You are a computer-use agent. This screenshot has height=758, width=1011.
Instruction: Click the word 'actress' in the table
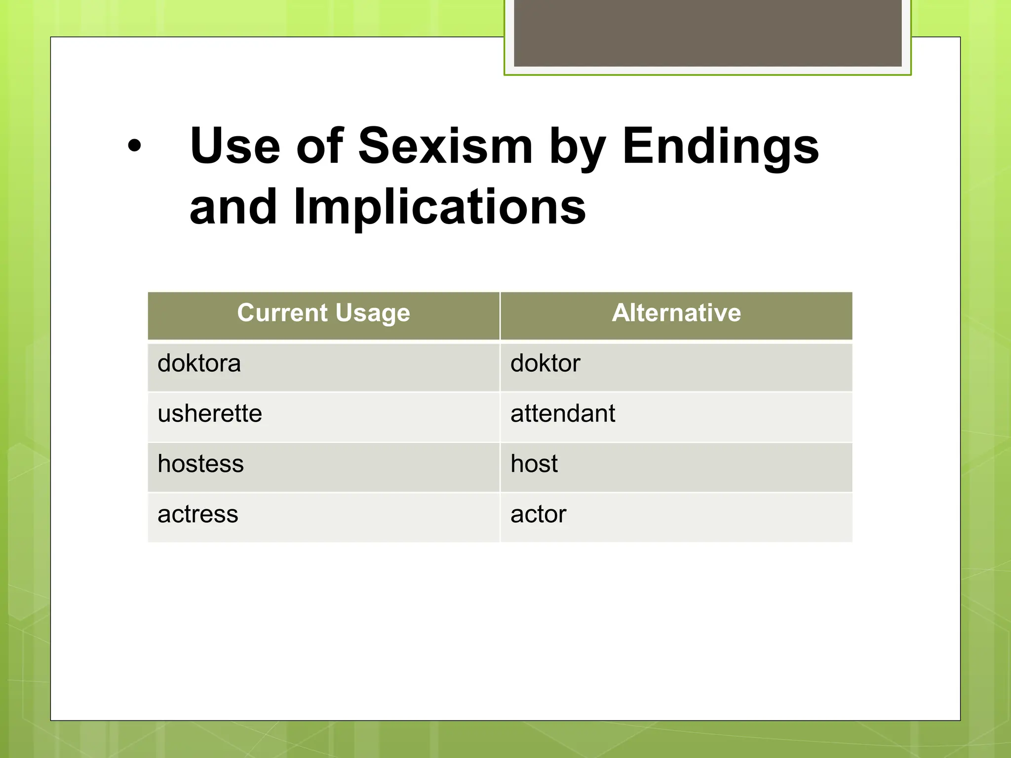197,514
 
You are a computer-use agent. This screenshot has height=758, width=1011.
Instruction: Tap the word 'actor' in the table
538,514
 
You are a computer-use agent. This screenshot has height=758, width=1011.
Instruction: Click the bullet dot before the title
134,146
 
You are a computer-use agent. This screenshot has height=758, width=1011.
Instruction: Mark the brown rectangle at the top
707,33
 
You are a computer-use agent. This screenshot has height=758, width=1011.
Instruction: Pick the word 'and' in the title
233,207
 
